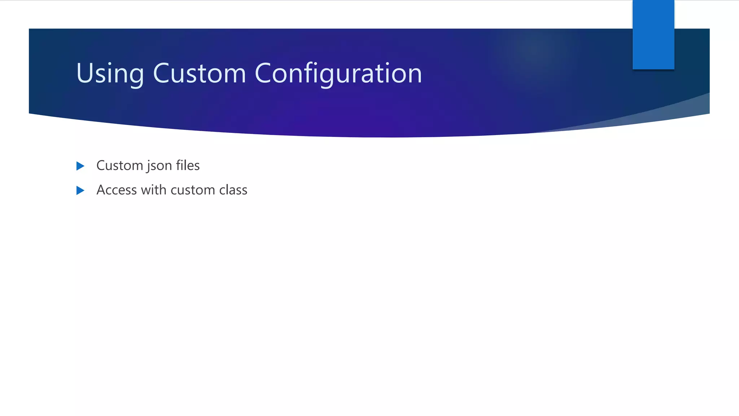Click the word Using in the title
[x=110, y=74]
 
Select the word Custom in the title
[x=200, y=74]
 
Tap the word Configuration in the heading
[x=338, y=74]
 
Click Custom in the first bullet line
[x=120, y=165]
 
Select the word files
[x=188, y=165]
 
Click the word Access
[x=117, y=190]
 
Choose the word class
[x=233, y=190]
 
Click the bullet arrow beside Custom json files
[x=80, y=166]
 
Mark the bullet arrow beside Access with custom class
[x=80, y=190]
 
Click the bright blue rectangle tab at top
[x=653, y=34]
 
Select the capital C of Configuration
[x=263, y=74]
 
